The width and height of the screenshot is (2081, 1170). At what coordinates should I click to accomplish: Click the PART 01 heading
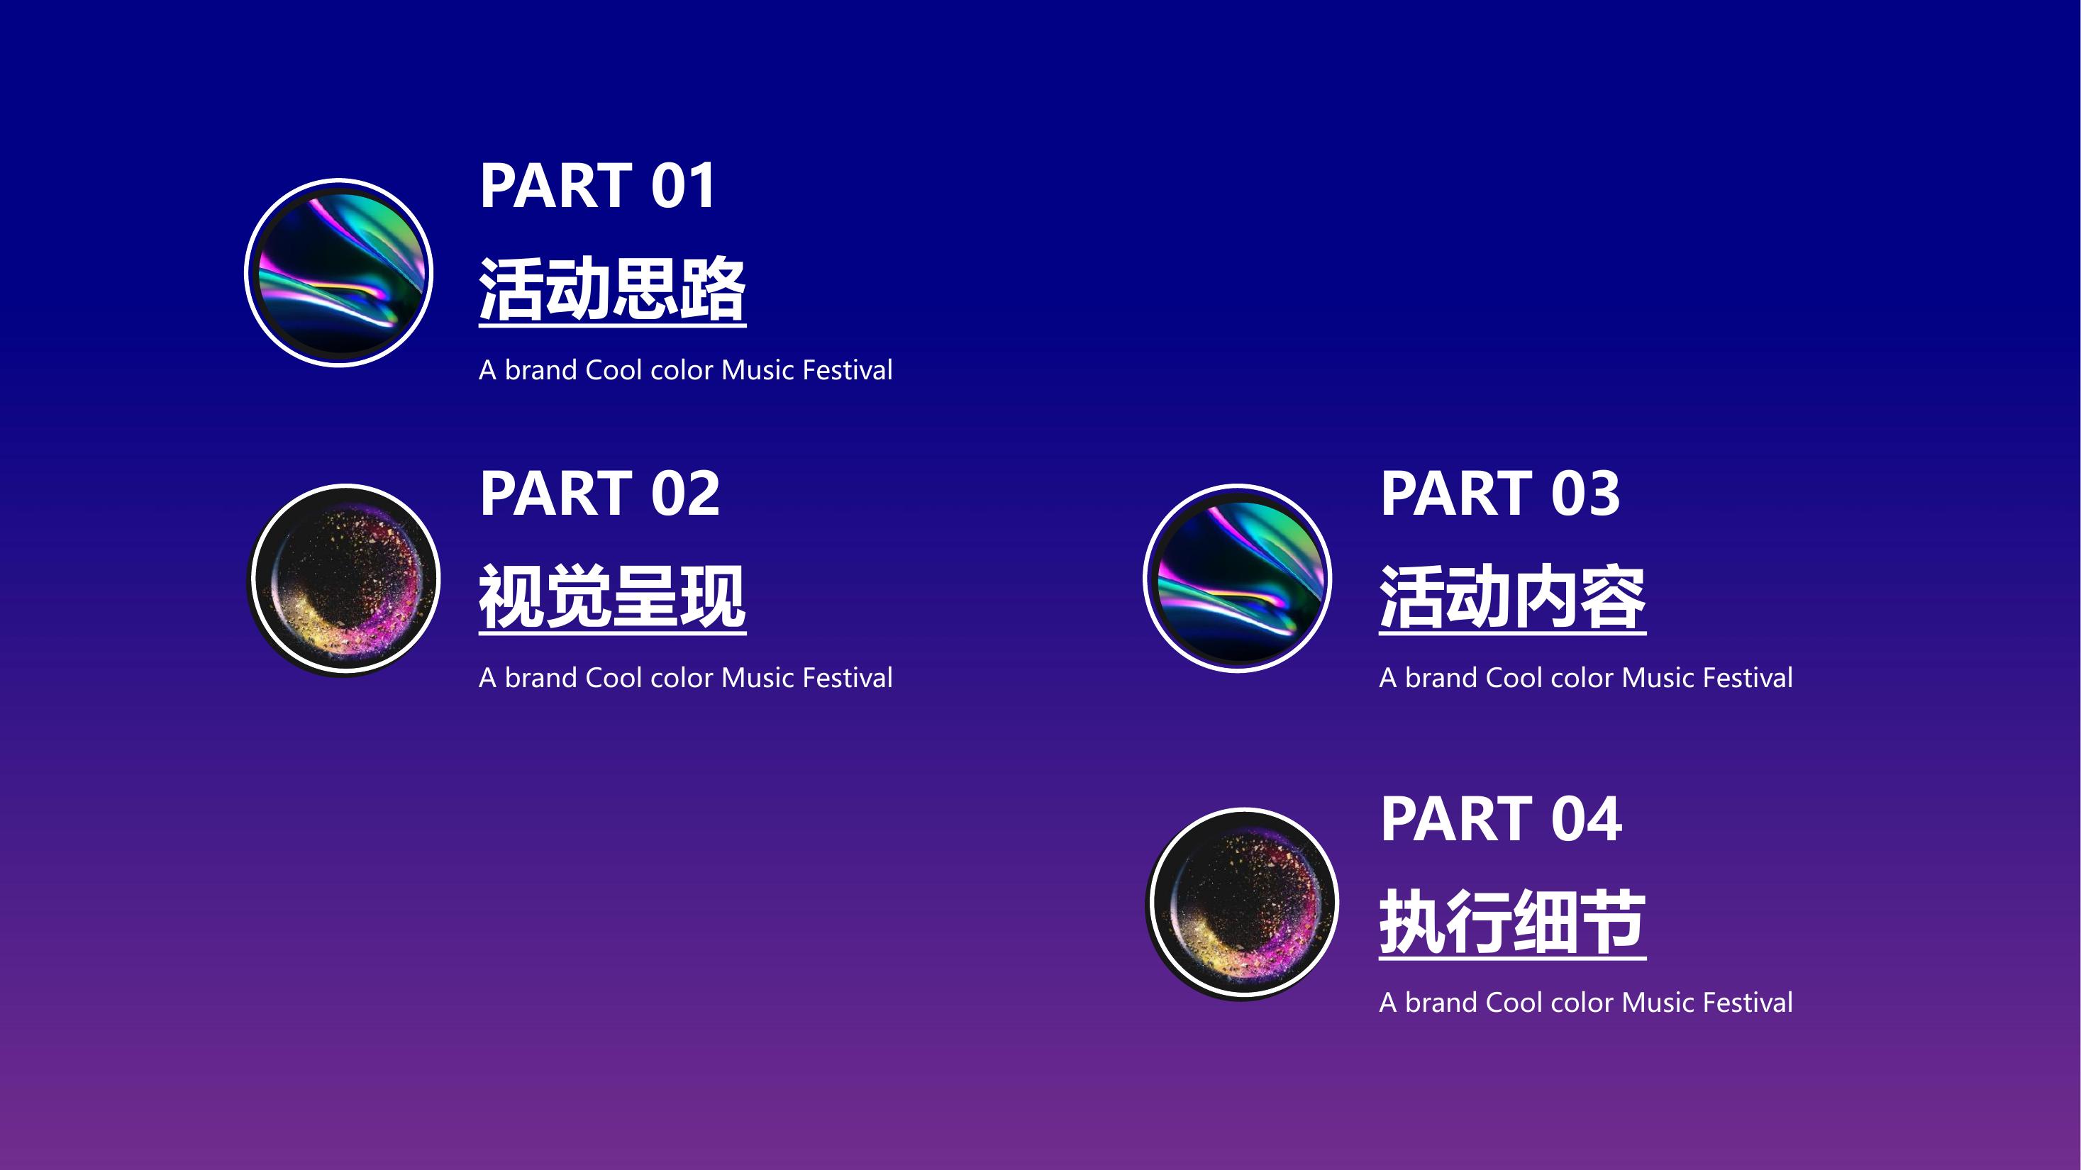pyautogui.click(x=597, y=186)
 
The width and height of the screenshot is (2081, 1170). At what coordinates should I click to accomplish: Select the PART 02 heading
pyautogui.click(x=599, y=494)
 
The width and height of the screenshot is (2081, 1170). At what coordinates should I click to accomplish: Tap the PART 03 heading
pyautogui.click(x=1500, y=494)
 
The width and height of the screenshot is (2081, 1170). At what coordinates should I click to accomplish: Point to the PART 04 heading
pyautogui.click(x=1501, y=819)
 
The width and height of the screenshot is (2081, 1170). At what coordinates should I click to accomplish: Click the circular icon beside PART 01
pyautogui.click(x=338, y=273)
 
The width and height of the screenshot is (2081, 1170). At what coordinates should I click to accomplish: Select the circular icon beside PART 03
pyautogui.click(x=1238, y=578)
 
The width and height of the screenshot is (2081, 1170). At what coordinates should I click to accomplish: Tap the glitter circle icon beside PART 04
pyautogui.click(x=1244, y=903)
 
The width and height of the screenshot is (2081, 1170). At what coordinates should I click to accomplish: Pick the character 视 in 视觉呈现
pyautogui.click(x=512, y=597)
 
